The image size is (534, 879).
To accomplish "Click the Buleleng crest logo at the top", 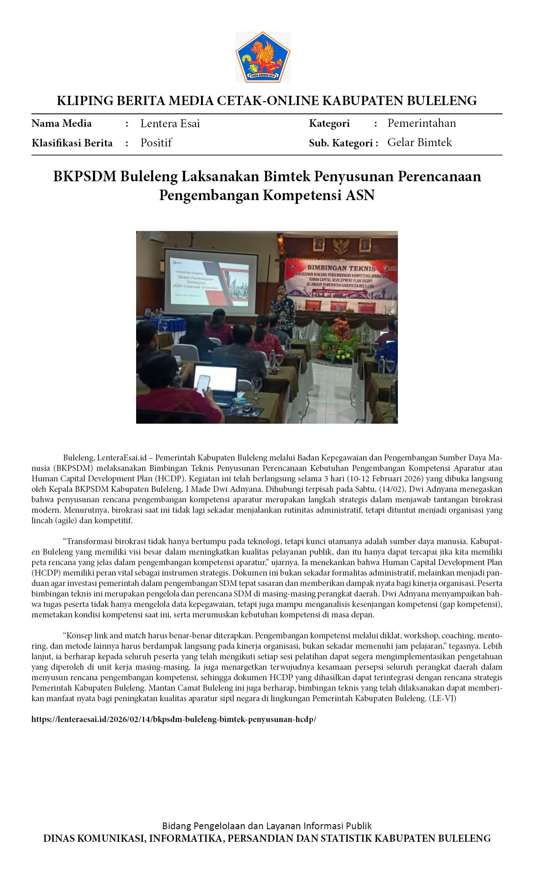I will click(x=263, y=57).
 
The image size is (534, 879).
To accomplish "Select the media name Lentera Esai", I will click(x=170, y=123).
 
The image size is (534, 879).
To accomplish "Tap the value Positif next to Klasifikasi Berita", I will click(x=156, y=143).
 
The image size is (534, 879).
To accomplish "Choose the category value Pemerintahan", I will click(x=421, y=123).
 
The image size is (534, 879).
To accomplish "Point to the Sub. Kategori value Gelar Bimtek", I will click(x=419, y=142).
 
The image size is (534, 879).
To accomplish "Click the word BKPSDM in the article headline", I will click(x=85, y=177).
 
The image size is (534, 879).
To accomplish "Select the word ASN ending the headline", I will click(x=360, y=195).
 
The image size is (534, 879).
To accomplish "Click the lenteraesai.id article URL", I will click(x=174, y=720).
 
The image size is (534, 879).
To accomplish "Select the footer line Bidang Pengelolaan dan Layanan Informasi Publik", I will click(x=267, y=826).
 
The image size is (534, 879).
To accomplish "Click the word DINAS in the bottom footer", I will click(x=59, y=838).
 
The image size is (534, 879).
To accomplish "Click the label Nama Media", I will click(x=62, y=123).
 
